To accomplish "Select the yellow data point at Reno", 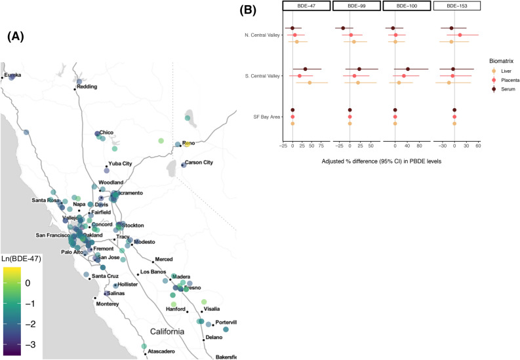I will tap(178, 144).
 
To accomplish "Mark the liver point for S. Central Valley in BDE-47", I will tap(310, 83).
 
